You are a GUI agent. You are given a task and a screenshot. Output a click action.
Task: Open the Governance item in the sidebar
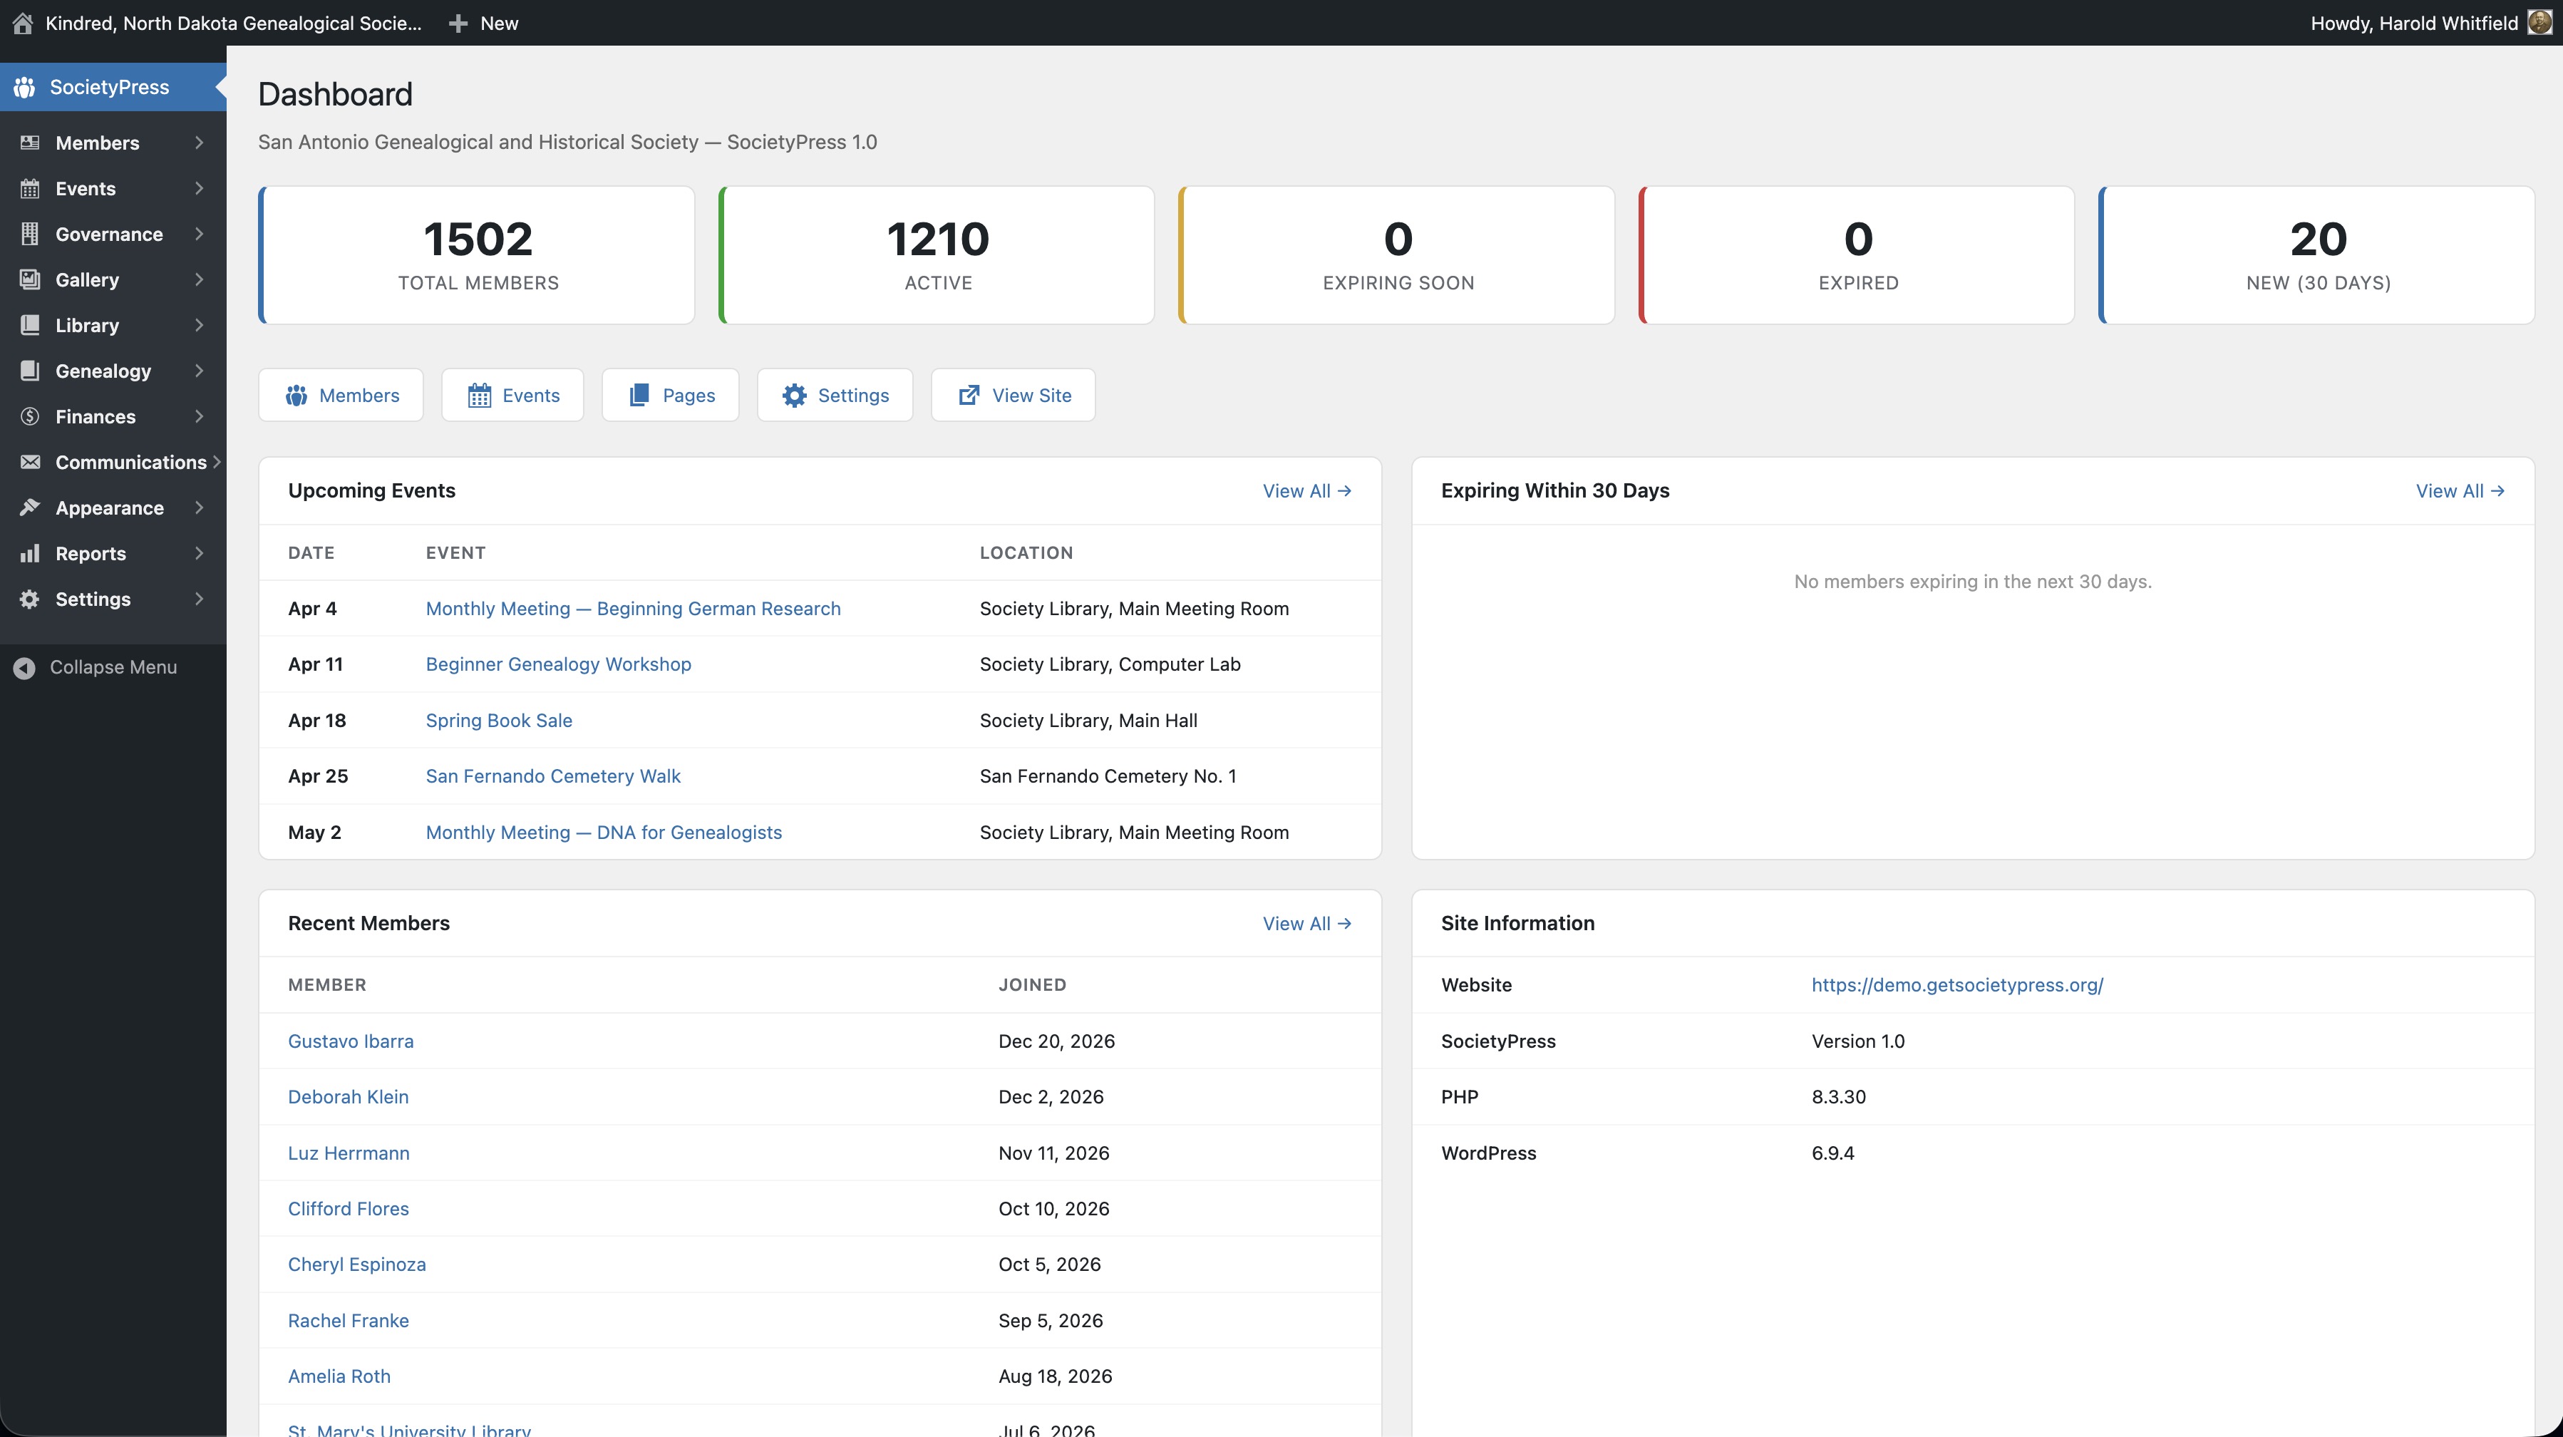pyautogui.click(x=108, y=234)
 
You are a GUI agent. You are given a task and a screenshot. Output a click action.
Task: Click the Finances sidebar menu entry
pyautogui.click(x=96, y=416)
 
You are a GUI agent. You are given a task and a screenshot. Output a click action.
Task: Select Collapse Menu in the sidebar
pyautogui.click(x=113, y=666)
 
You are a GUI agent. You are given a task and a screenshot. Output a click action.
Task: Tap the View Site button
pyautogui.click(x=1013, y=395)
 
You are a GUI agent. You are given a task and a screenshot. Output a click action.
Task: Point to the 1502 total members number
pyautogui.click(x=478, y=239)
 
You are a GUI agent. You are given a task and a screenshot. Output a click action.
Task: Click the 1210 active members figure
pyautogui.click(x=937, y=239)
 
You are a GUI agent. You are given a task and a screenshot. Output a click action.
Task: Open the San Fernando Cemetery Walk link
pyautogui.click(x=553, y=776)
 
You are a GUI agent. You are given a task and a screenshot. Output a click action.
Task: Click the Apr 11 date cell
pyautogui.click(x=316, y=664)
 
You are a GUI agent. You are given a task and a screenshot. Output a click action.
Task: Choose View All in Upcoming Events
pyautogui.click(x=1306, y=490)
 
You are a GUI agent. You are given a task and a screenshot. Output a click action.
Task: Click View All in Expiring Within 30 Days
pyautogui.click(x=2458, y=490)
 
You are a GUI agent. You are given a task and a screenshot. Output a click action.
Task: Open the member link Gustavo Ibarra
pyautogui.click(x=350, y=1041)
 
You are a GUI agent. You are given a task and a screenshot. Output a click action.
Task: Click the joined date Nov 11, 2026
pyautogui.click(x=1053, y=1153)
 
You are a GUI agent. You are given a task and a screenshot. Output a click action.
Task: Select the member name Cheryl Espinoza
pyautogui.click(x=356, y=1264)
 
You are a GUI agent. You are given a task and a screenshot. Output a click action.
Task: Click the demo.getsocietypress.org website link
pyautogui.click(x=1956, y=984)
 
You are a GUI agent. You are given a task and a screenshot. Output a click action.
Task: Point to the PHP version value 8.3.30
pyautogui.click(x=1837, y=1097)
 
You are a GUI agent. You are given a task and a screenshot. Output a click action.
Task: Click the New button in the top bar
pyautogui.click(x=485, y=23)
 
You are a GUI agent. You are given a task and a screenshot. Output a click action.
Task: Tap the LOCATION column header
pyautogui.click(x=1026, y=552)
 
